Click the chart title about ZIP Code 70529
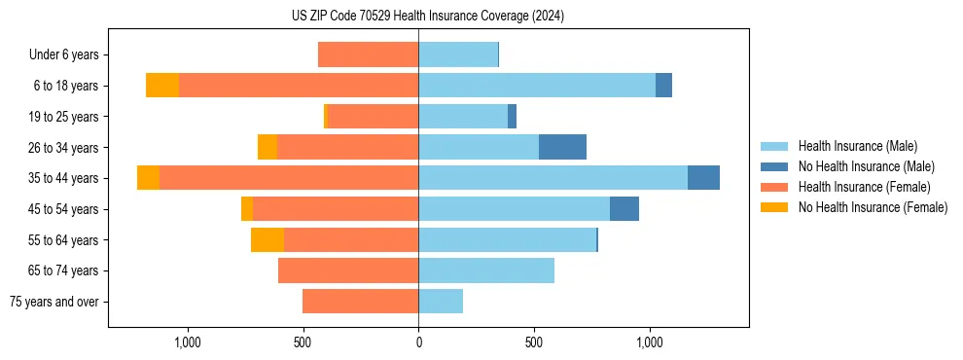tap(427, 17)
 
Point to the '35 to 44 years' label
tap(63, 178)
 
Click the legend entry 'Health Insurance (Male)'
tap(857, 146)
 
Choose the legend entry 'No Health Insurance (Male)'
tap(866, 166)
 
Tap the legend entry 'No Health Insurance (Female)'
tap(873, 207)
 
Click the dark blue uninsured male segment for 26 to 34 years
tap(562, 147)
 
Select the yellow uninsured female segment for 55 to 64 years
tap(267, 239)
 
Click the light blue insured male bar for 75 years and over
tap(441, 302)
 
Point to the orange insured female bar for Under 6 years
tap(368, 54)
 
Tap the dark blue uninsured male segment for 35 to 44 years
tap(703, 178)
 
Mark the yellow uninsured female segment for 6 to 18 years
tap(162, 86)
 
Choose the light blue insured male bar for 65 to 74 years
tap(486, 270)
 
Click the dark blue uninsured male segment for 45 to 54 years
tap(624, 209)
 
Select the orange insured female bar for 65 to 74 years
tap(348, 270)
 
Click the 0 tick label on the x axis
tap(418, 342)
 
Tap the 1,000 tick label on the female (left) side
tap(187, 342)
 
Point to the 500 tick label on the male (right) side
tap(533, 342)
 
